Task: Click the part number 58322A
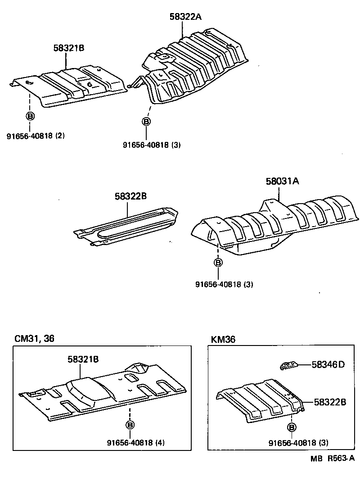(x=185, y=17)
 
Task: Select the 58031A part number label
(x=282, y=182)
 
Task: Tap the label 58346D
(x=328, y=364)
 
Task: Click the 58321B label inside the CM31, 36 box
(x=83, y=359)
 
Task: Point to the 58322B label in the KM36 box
(x=329, y=402)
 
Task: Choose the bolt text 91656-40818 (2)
(x=36, y=136)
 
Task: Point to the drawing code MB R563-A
(x=332, y=459)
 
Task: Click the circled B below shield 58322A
(x=146, y=122)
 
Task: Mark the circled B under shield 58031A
(x=218, y=263)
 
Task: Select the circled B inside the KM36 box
(x=292, y=427)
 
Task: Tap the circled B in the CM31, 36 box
(x=130, y=425)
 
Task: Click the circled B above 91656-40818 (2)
(x=30, y=116)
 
